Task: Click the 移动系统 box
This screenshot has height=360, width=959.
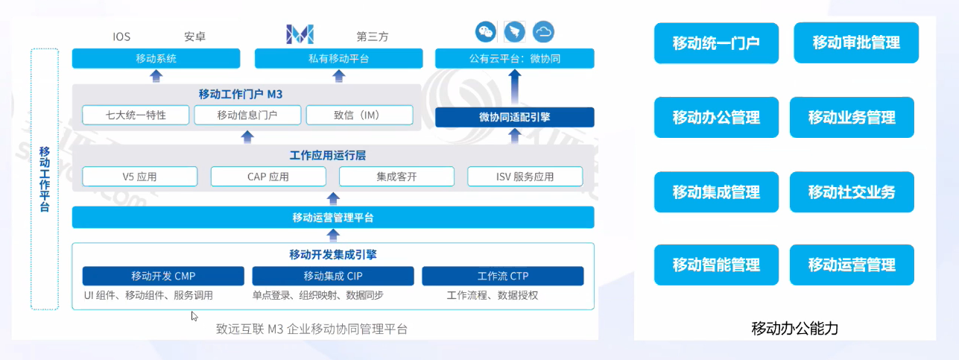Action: click(156, 58)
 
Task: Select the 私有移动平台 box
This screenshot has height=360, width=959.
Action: click(338, 58)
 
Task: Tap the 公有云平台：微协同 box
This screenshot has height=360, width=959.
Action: click(514, 58)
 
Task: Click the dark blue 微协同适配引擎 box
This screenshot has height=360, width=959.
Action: click(514, 117)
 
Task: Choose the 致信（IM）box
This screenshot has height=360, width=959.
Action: click(358, 115)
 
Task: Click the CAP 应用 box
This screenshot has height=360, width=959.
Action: click(268, 177)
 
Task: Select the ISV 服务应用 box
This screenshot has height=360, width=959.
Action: click(525, 177)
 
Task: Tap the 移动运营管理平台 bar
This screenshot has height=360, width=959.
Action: click(333, 218)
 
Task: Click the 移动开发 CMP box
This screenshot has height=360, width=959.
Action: click(163, 276)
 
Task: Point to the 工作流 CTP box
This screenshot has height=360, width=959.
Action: click(502, 276)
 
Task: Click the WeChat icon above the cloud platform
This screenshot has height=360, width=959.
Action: click(486, 31)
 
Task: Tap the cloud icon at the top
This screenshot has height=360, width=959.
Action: click(544, 31)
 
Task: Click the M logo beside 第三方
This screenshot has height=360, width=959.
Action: click(300, 34)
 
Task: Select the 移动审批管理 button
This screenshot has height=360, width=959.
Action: click(855, 42)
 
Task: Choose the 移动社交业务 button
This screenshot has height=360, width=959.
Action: click(852, 192)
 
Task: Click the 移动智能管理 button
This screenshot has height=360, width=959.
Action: click(716, 265)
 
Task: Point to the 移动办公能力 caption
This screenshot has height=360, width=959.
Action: click(795, 328)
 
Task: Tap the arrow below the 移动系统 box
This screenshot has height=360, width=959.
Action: click(156, 75)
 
